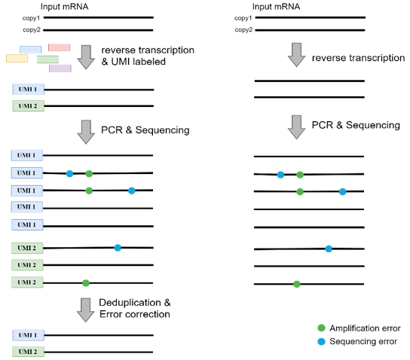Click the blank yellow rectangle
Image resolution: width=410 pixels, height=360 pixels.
(x=17, y=58)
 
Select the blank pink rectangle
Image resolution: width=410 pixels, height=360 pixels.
(x=59, y=47)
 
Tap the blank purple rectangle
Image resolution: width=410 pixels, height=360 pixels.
(x=60, y=69)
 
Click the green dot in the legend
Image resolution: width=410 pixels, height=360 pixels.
(x=321, y=328)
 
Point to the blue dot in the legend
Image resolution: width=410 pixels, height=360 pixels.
(x=321, y=341)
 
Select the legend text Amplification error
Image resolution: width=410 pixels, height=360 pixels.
(x=365, y=328)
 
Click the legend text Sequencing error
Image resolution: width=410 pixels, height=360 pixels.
(x=363, y=341)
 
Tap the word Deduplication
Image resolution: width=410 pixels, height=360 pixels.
(x=130, y=303)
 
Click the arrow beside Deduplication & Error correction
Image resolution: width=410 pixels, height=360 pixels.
(x=85, y=310)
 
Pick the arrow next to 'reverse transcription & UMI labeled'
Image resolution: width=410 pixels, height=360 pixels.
(x=86, y=57)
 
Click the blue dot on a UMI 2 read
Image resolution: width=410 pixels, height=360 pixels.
(x=118, y=248)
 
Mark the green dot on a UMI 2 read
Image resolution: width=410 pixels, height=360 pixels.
(x=86, y=283)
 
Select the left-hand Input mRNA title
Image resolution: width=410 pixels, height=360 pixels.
(x=64, y=7)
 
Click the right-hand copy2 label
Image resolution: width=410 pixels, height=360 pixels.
(x=243, y=30)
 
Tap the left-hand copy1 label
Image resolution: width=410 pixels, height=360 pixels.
(x=31, y=18)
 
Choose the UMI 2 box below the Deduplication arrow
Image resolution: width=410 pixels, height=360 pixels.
(x=28, y=352)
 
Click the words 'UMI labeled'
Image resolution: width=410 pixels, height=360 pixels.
(x=139, y=62)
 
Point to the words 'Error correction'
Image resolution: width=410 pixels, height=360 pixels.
(x=135, y=314)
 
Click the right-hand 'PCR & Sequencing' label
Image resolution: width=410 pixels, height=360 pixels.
(x=356, y=125)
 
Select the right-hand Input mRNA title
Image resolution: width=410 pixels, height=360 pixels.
(x=276, y=7)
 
